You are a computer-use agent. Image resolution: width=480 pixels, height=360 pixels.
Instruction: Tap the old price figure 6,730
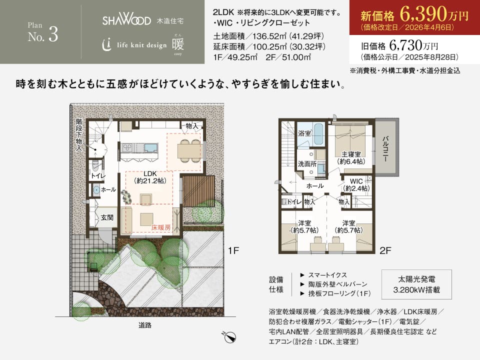point(405,45)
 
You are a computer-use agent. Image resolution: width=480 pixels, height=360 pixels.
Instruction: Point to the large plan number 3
point(53,34)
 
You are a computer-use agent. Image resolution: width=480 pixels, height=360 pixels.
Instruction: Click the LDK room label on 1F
point(150,173)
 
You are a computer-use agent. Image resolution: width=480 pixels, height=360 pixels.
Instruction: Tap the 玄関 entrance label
point(107,217)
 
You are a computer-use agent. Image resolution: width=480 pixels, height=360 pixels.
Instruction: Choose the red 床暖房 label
point(161,227)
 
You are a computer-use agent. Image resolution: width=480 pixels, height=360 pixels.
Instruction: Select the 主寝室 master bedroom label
point(351,154)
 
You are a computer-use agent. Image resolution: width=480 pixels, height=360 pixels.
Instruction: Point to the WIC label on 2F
point(356,181)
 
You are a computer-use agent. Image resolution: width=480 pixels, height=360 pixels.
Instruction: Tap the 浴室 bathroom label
point(304,133)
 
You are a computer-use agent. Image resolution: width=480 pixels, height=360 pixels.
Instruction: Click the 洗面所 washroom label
point(307,164)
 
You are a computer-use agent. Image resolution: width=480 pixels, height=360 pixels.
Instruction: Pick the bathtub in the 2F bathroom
point(320,134)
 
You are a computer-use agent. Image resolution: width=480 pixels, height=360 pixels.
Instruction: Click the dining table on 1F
point(188,150)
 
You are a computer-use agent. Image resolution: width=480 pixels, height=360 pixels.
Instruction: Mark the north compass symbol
point(229,337)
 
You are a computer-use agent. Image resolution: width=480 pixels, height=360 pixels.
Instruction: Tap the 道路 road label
point(145,325)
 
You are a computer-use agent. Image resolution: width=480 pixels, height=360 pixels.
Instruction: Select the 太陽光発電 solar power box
point(416,284)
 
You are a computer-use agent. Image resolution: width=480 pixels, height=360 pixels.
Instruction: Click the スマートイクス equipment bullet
point(324,275)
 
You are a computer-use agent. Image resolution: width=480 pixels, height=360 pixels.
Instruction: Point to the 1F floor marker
point(233,250)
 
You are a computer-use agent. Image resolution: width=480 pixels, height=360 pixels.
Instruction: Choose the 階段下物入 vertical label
point(79,135)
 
